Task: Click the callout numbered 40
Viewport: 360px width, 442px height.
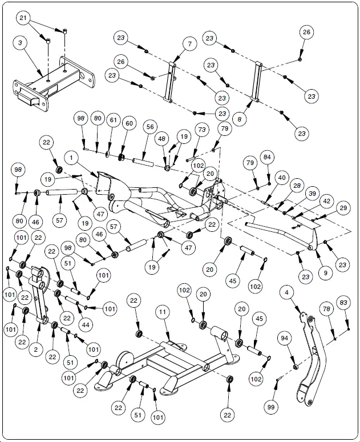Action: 281,178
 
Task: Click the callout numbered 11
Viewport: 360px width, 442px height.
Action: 163,312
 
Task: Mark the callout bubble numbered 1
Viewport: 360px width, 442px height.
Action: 72,156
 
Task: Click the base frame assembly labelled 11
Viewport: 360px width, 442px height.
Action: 171,365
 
